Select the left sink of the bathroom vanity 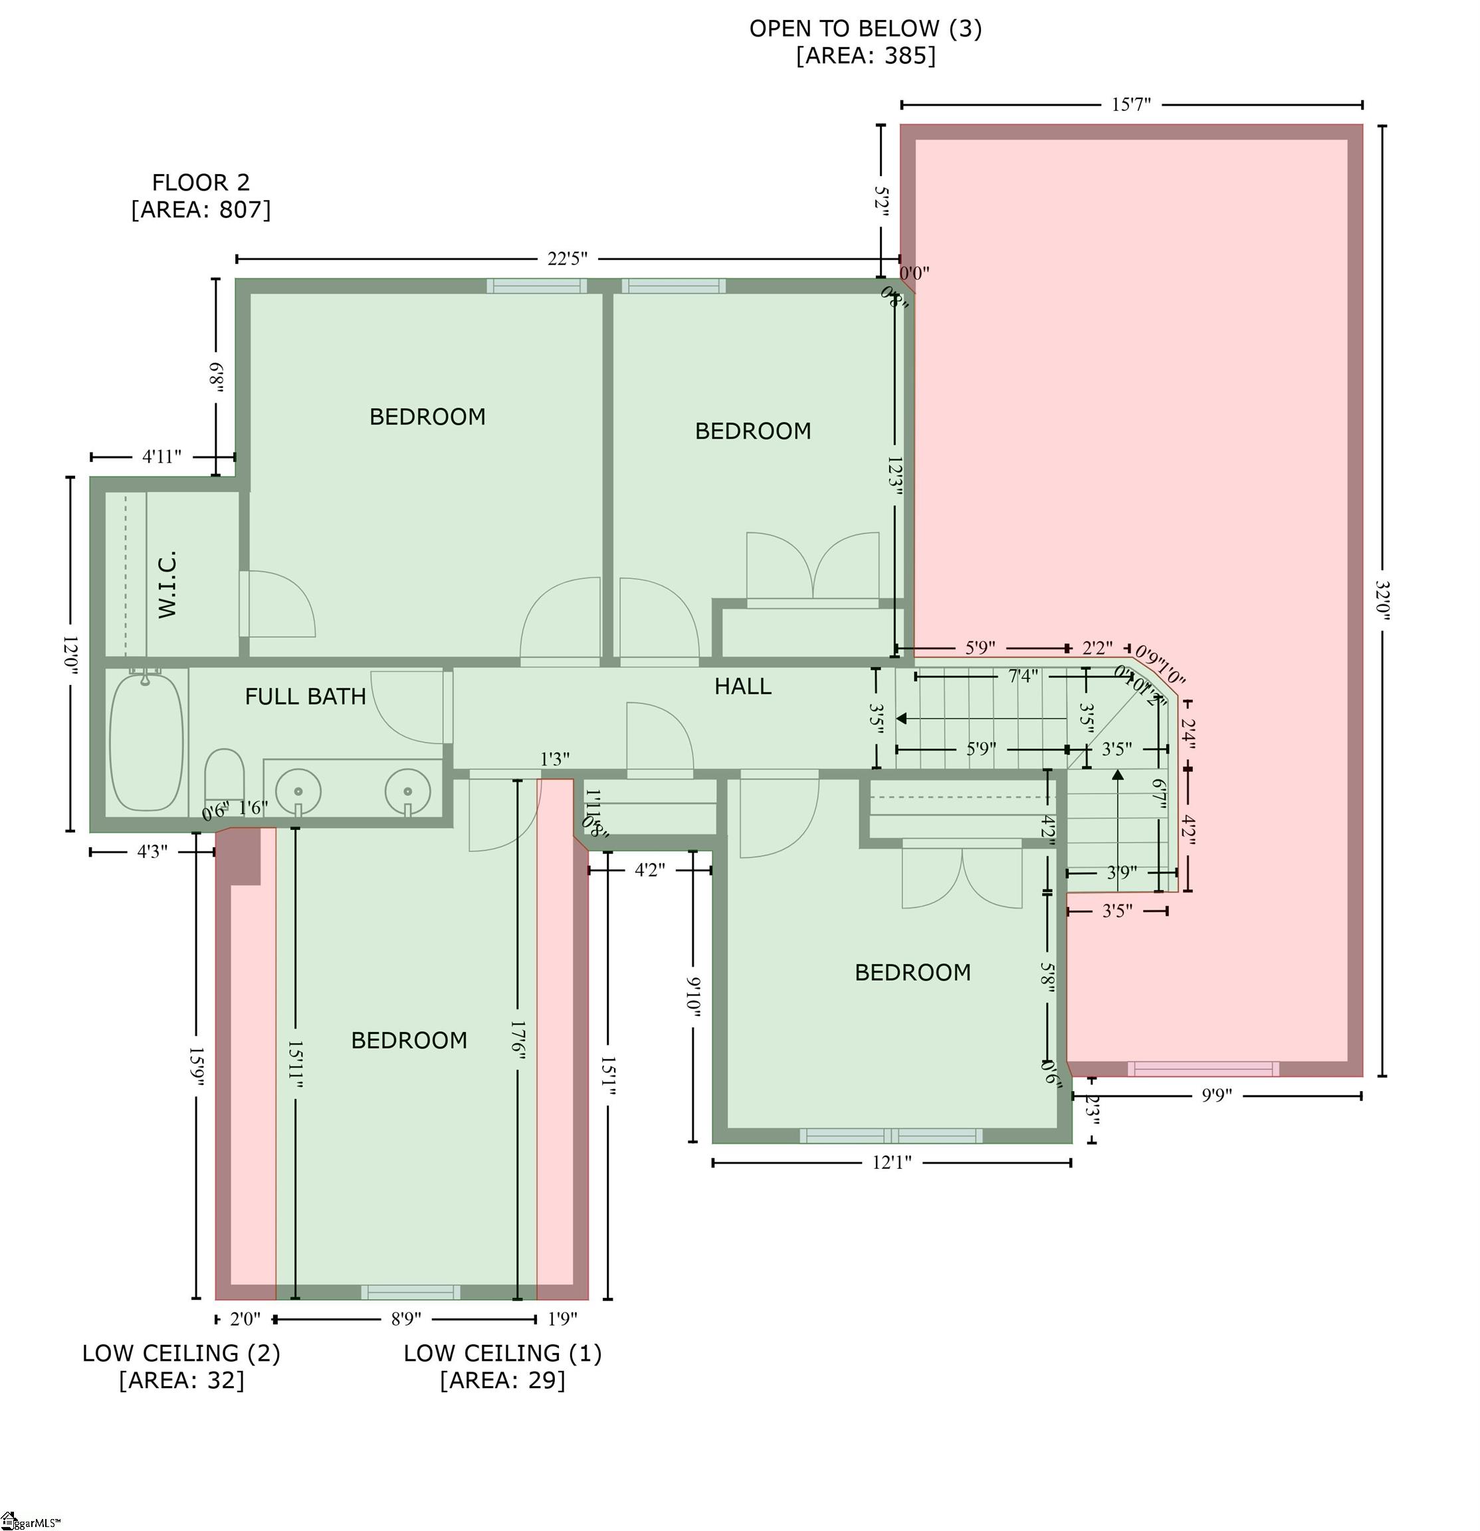pyautogui.click(x=298, y=791)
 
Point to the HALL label pyautogui.click(x=742, y=686)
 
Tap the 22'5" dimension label pyautogui.click(x=568, y=258)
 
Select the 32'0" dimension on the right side pyautogui.click(x=1382, y=600)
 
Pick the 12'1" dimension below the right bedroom pyautogui.click(x=892, y=1162)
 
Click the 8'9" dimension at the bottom pyautogui.click(x=405, y=1319)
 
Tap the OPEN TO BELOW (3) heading pyautogui.click(x=865, y=29)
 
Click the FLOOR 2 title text pyautogui.click(x=201, y=183)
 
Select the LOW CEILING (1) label pyautogui.click(x=502, y=1354)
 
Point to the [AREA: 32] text pyautogui.click(x=181, y=1380)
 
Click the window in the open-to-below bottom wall pyautogui.click(x=1204, y=1069)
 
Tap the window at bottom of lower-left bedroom pyautogui.click(x=410, y=1292)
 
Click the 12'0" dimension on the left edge pyautogui.click(x=70, y=655)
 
